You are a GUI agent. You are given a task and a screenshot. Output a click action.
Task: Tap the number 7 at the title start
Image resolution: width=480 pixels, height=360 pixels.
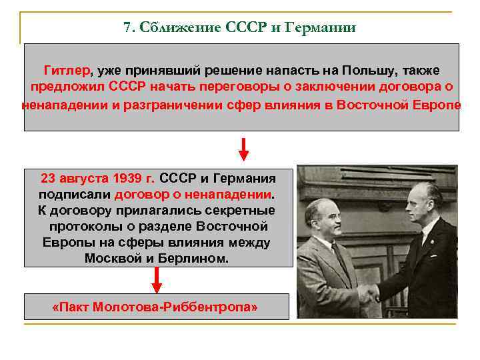click(127, 27)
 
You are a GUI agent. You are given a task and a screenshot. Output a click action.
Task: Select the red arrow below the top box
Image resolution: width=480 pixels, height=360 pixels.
click(243, 149)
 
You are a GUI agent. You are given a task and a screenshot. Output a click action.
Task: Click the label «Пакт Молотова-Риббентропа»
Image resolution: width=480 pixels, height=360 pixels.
click(155, 307)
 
